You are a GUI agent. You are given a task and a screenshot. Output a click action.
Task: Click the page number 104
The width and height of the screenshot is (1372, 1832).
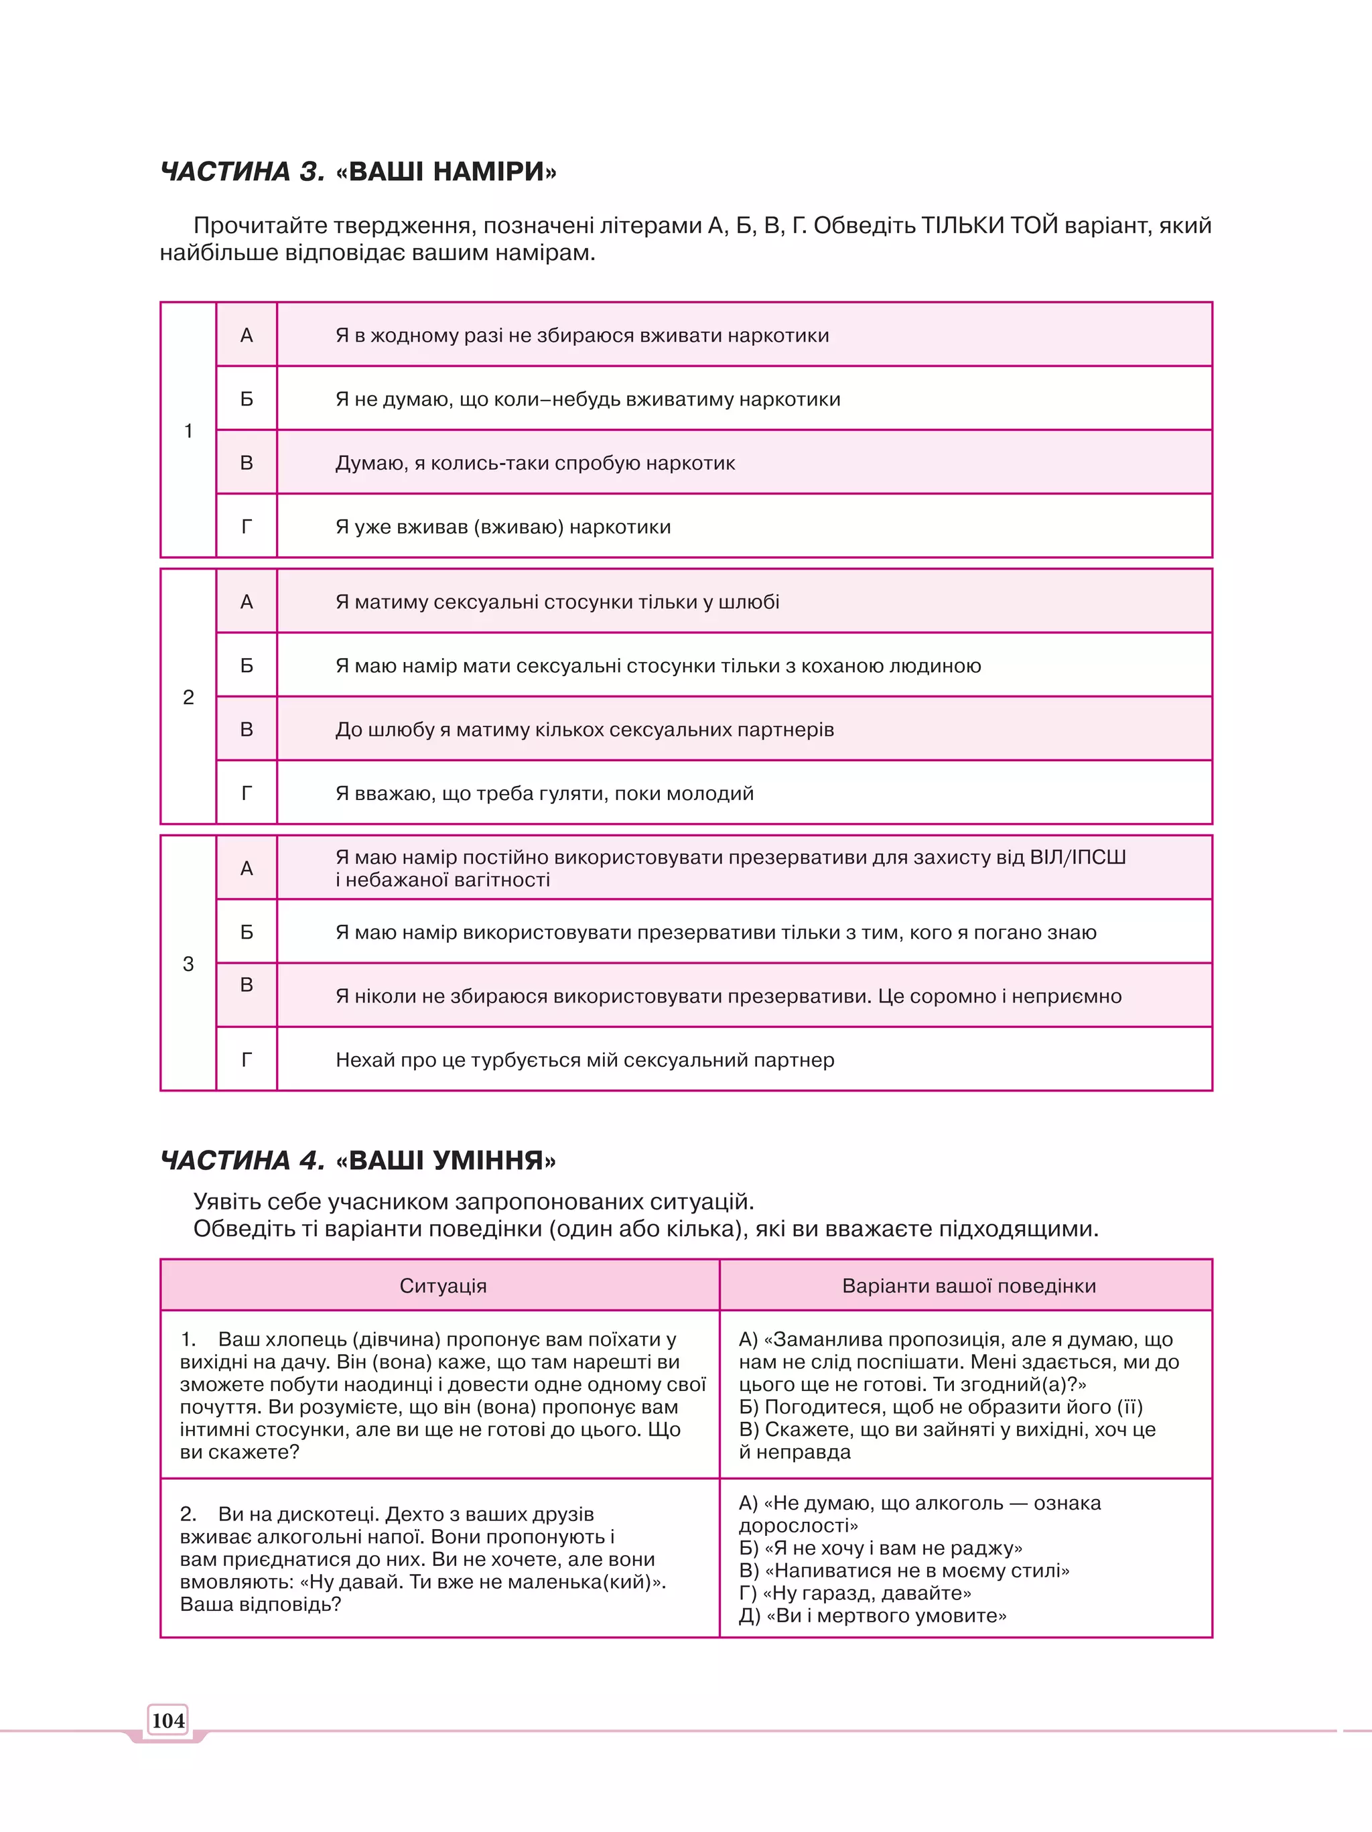(x=168, y=1720)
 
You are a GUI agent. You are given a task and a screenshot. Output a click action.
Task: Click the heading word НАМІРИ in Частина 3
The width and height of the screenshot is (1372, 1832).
(x=488, y=172)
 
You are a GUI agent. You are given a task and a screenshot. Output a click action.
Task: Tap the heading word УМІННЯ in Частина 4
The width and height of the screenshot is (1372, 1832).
(x=487, y=1159)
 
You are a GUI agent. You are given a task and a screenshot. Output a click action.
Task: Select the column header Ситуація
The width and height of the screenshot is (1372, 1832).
(x=443, y=1285)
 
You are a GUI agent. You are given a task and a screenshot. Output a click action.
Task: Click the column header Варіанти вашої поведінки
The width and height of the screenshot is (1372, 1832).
(x=969, y=1285)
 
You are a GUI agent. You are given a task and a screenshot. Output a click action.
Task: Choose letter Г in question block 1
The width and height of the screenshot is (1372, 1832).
(x=246, y=527)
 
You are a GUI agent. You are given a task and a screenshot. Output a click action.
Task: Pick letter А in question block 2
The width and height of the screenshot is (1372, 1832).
(x=246, y=602)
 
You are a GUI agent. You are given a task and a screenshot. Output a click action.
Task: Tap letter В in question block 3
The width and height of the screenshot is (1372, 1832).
(x=246, y=986)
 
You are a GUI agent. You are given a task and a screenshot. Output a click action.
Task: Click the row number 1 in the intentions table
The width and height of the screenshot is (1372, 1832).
(x=188, y=431)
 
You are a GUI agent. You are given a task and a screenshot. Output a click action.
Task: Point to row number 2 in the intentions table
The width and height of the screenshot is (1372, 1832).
(x=188, y=698)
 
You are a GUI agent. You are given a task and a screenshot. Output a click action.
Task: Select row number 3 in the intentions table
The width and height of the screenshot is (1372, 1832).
(x=188, y=964)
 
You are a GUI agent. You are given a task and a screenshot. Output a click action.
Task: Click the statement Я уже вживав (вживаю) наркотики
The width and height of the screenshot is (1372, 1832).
(x=502, y=527)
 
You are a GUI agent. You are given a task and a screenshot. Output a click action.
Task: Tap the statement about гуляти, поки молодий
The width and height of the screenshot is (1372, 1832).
(x=544, y=793)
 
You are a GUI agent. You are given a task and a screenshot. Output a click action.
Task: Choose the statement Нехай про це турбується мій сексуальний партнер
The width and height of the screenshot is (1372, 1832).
(x=585, y=1060)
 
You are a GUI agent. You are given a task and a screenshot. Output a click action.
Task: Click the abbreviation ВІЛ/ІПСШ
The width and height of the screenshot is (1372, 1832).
(x=1077, y=857)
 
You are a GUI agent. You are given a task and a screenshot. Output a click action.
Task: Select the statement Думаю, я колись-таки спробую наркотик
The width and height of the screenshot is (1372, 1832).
(x=535, y=463)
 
